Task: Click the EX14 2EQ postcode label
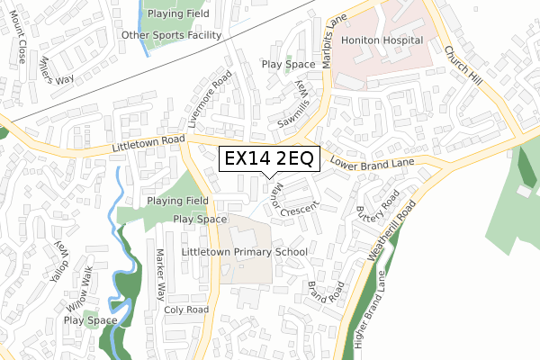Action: click(268, 159)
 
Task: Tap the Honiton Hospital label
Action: click(382, 41)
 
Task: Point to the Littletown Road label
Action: click(148, 141)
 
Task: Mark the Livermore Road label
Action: click(204, 102)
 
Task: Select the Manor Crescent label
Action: click(290, 200)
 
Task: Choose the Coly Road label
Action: click(186, 310)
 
